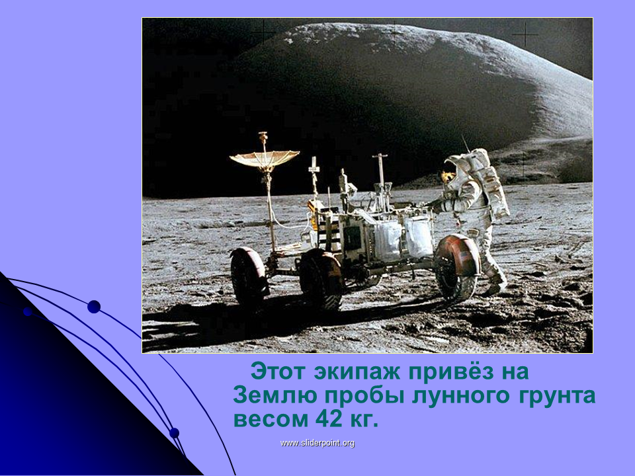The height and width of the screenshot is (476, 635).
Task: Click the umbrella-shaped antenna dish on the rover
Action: point(264,159)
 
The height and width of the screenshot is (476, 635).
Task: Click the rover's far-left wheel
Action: point(248,276)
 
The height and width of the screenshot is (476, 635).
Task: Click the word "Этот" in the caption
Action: point(278,372)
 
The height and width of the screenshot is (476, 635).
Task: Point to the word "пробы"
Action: point(364,396)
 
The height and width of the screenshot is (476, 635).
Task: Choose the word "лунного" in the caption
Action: point(460,396)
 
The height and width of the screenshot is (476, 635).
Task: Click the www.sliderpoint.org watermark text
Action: point(317,443)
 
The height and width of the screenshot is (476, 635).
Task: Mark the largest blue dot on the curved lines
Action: point(94,307)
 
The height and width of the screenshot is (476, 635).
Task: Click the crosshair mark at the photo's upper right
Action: point(525,35)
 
